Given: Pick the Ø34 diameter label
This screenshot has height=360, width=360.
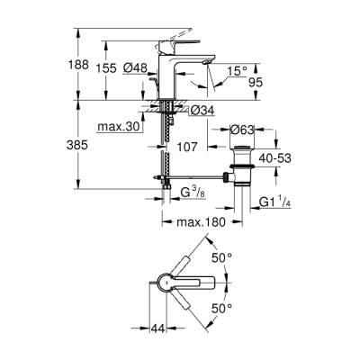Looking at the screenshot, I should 202,111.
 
